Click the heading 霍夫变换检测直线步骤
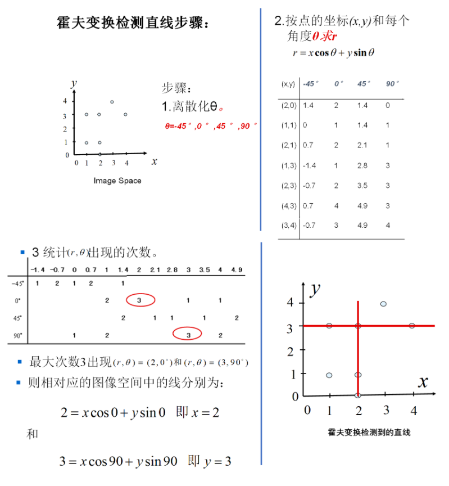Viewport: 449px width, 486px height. [135, 23]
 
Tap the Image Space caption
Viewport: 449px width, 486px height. [117, 181]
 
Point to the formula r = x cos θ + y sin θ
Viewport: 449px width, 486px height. [334, 53]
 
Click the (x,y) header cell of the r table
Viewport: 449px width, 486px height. [288, 84]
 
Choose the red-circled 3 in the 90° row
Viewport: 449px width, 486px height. [189, 335]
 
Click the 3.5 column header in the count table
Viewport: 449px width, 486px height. [205, 271]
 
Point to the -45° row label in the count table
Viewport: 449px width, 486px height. [17, 283]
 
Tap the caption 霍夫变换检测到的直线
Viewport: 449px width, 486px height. [369, 433]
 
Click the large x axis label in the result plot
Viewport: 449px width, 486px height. [423, 382]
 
